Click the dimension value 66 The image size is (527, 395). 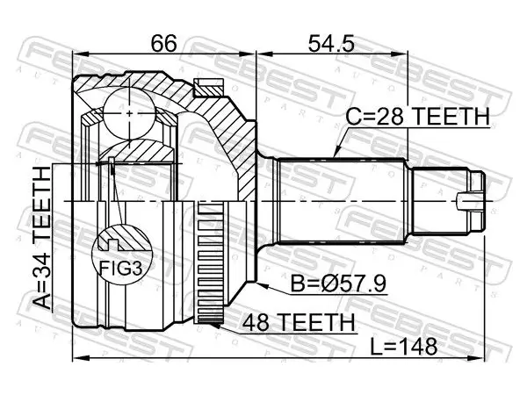click(x=163, y=43)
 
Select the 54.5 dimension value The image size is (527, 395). click(x=331, y=43)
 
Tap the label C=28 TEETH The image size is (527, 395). click(x=418, y=116)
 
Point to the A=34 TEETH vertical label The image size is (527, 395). click(x=42, y=238)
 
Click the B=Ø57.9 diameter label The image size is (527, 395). click(x=338, y=284)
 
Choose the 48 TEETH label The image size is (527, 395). click(x=299, y=322)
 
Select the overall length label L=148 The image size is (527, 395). click(x=404, y=347)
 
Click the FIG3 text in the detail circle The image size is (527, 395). click(x=121, y=268)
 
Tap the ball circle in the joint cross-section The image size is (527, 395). click(x=129, y=114)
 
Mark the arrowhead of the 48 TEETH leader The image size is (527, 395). click(x=215, y=325)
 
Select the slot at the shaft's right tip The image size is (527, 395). click(x=470, y=202)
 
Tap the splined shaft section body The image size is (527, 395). click(x=341, y=201)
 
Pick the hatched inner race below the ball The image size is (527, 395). click(x=136, y=151)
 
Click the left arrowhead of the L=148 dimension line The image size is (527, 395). click(x=80, y=358)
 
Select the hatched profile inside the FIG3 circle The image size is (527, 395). click(x=123, y=238)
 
